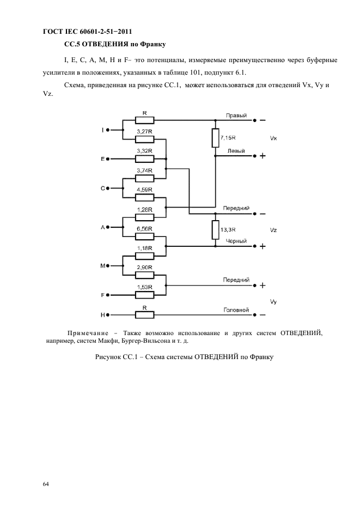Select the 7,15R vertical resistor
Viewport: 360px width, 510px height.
pyautogui.click(x=216, y=138)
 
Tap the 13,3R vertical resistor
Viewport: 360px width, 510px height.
pyautogui.click(x=216, y=229)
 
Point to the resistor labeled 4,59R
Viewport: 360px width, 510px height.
pyautogui.click(x=144, y=197)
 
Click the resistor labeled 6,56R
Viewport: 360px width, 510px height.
pyautogui.click(x=144, y=236)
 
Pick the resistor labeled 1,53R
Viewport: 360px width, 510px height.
pyautogui.click(x=144, y=295)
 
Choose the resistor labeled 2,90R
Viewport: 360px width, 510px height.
pyautogui.click(x=144, y=275)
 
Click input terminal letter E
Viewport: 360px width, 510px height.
pyautogui.click(x=102, y=159)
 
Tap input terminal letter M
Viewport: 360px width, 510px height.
pyautogui.click(x=102, y=266)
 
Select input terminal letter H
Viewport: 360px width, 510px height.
pyautogui.click(x=102, y=315)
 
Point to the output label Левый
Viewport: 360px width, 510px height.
pyautogui.click(x=236, y=151)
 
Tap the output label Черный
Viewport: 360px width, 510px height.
pyautogui.click(x=236, y=241)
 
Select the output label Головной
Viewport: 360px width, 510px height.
pyautogui.click(x=236, y=310)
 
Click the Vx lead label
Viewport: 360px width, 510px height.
pyautogui.click(x=273, y=139)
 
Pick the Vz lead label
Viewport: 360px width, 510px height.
pyautogui.click(x=273, y=230)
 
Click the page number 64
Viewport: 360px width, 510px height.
pyautogui.click(x=46, y=483)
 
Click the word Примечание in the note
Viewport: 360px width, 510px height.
pyautogui.click(x=91, y=333)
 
